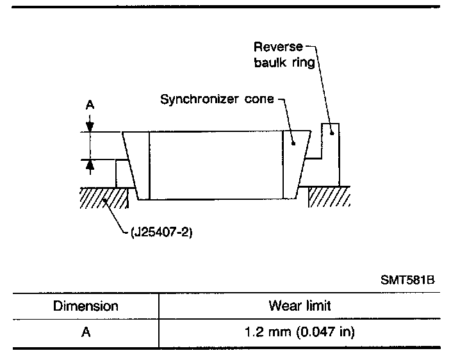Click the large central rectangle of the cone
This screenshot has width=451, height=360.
pyautogui.click(x=215, y=165)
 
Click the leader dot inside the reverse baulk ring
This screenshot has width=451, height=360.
pyautogui.click(x=331, y=133)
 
